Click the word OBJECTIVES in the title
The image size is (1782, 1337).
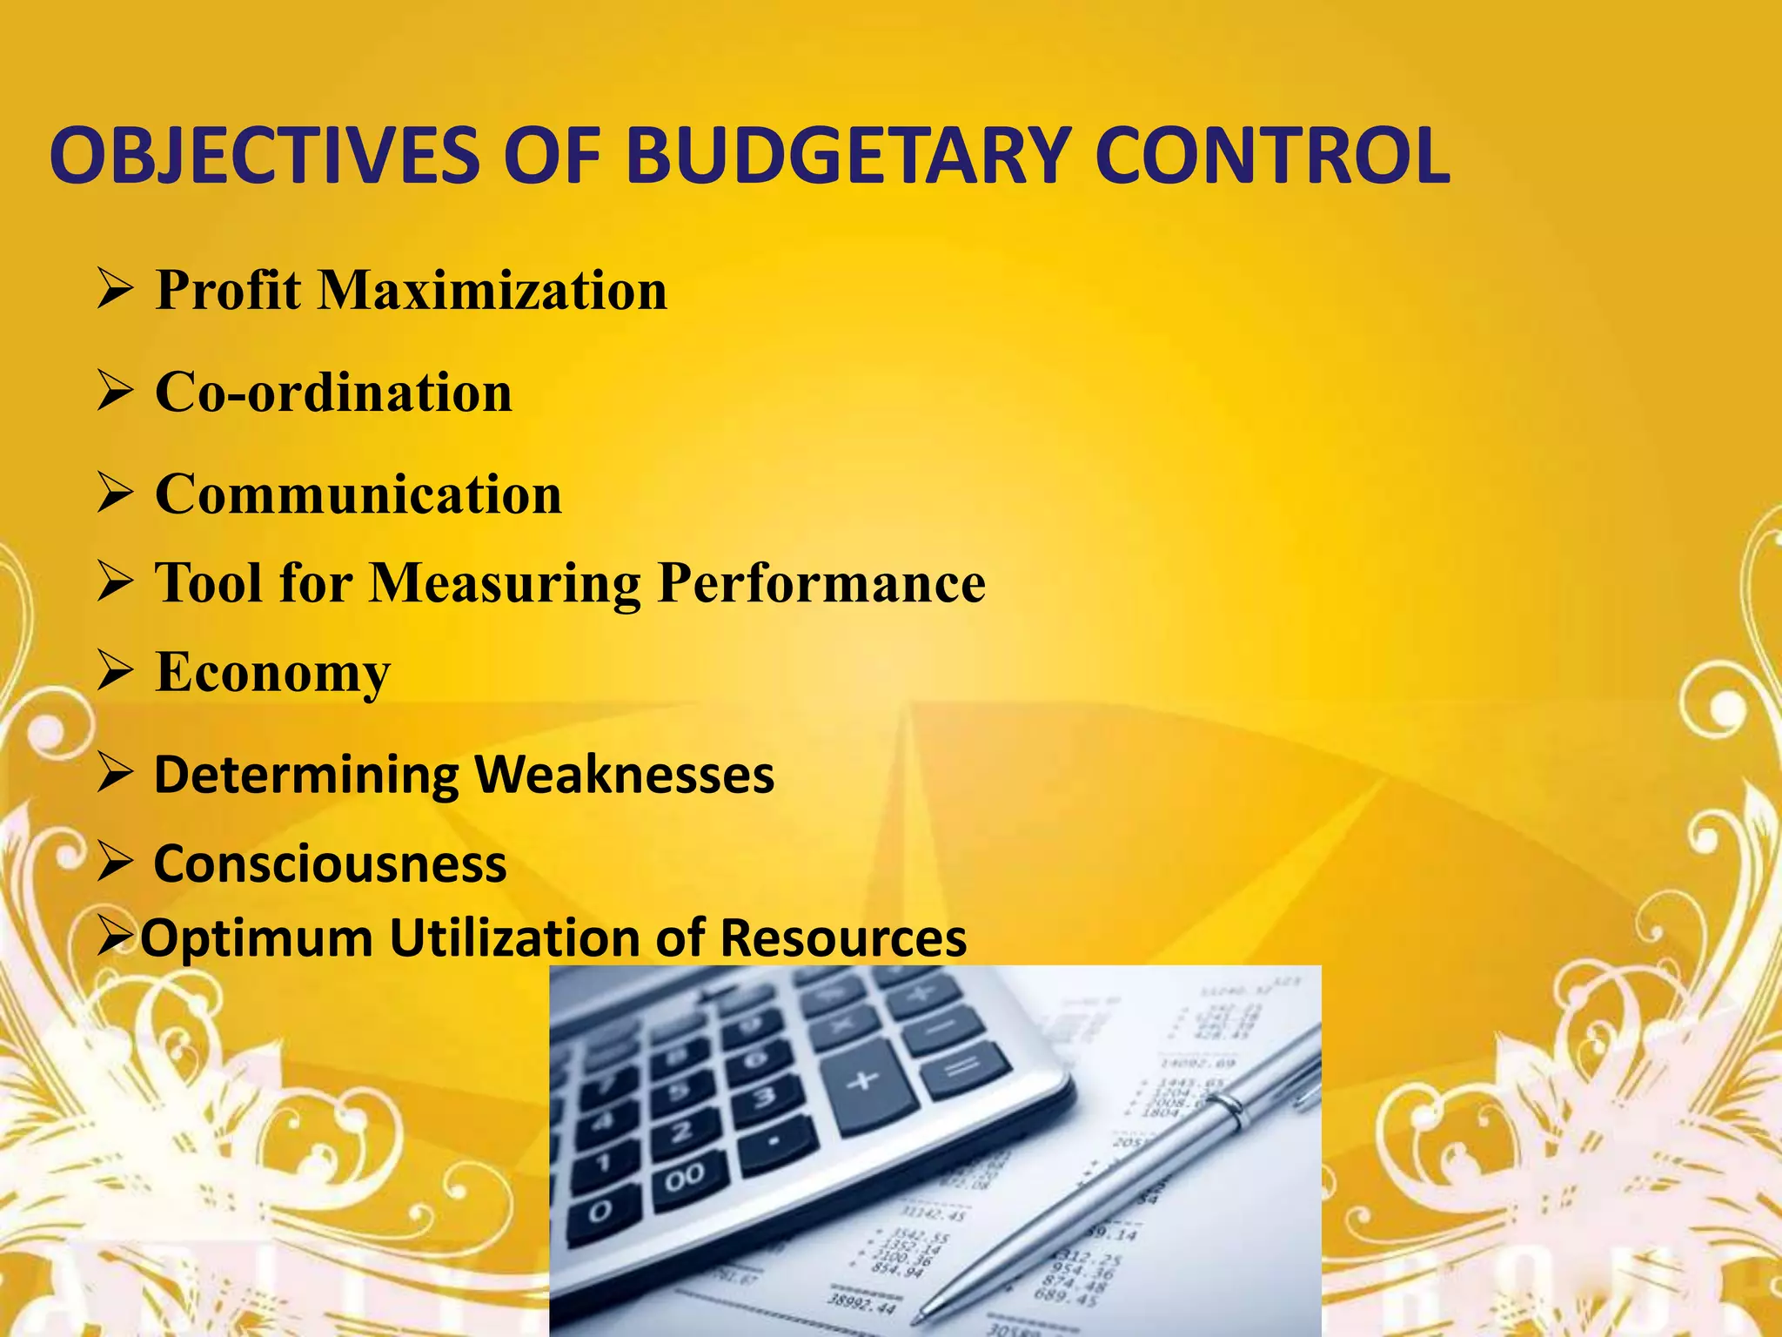pos(265,157)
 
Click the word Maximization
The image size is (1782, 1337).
pos(492,290)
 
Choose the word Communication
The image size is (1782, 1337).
pos(358,494)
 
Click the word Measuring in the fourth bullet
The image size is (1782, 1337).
pos(506,582)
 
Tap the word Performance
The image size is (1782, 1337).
pos(821,582)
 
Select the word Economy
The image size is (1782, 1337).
pos(272,673)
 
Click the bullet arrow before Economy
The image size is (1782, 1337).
pos(115,672)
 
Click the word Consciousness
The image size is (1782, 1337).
pos(330,863)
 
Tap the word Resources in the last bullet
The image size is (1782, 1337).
pos(842,937)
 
